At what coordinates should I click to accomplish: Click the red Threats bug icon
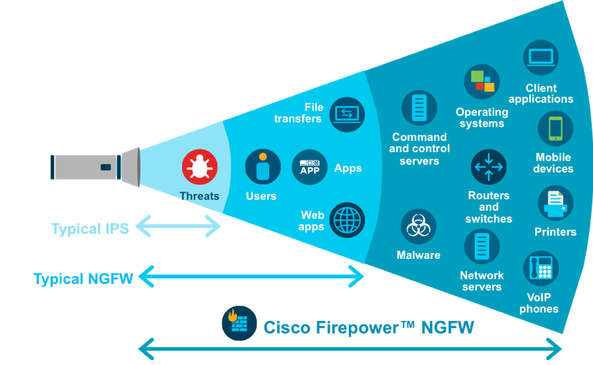(x=200, y=167)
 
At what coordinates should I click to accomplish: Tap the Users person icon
(x=263, y=167)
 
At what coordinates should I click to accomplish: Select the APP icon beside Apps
(x=309, y=167)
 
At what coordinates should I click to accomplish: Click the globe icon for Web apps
(x=347, y=219)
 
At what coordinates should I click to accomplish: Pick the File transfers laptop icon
(x=347, y=114)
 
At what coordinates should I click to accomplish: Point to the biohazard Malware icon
(x=418, y=227)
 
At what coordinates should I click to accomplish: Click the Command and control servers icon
(x=419, y=108)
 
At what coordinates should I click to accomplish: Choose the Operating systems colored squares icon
(x=482, y=82)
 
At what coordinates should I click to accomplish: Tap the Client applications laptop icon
(x=541, y=58)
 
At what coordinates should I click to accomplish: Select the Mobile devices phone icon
(x=555, y=128)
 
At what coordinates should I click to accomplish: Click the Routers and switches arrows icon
(x=489, y=167)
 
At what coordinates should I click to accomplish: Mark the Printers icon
(x=555, y=204)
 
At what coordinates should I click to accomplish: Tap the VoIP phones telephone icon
(x=541, y=268)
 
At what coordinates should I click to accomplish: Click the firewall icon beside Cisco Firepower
(x=239, y=323)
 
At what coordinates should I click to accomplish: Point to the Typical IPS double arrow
(x=179, y=228)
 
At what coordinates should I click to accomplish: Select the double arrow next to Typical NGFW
(x=251, y=277)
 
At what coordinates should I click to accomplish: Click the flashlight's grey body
(x=84, y=167)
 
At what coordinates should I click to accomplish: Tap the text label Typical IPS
(x=90, y=229)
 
